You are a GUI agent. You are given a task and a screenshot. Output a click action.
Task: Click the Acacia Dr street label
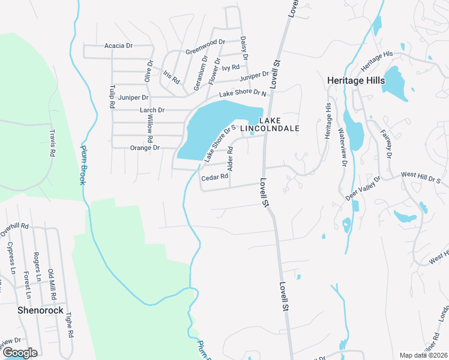point(118,46)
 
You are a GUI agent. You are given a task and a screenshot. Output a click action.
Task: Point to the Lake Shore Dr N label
point(243,94)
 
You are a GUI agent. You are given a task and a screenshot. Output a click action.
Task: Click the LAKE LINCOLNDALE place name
point(270,124)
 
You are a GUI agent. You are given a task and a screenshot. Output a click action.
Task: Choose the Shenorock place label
point(40,310)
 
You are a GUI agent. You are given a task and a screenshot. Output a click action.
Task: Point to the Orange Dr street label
point(145,148)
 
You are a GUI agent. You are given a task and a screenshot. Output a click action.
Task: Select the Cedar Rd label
point(215,177)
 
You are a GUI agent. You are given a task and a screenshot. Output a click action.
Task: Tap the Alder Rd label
point(230,158)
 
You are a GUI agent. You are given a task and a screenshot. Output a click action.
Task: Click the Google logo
point(19,353)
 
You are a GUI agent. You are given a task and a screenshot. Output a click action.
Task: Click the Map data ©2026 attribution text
point(424,355)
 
